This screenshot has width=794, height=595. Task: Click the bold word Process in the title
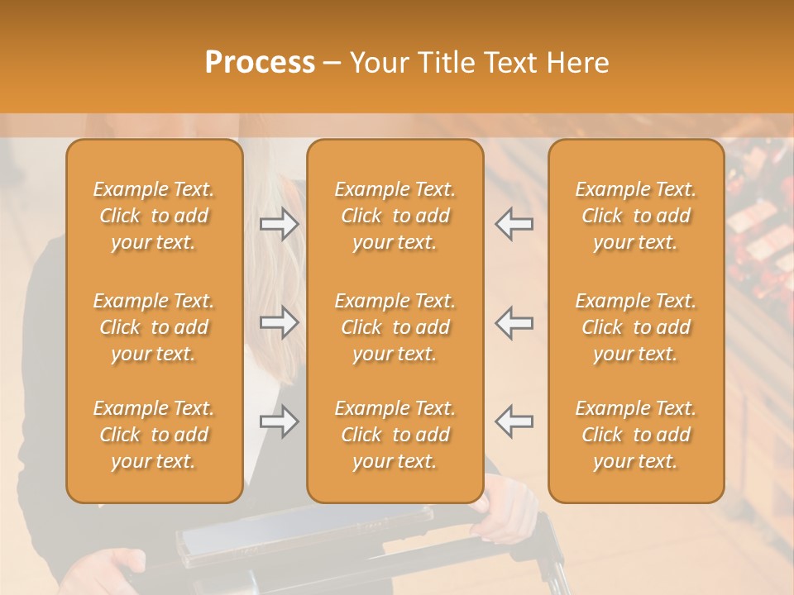[x=260, y=63]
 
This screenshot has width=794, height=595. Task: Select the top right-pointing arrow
[x=280, y=224]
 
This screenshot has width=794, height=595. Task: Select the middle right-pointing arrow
[x=280, y=323]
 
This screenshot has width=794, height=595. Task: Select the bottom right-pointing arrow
[x=280, y=422]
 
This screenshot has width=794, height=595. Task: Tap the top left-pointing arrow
[x=514, y=224]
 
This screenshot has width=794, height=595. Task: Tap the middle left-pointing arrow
[x=514, y=323]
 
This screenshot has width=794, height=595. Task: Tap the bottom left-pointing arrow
[x=514, y=421]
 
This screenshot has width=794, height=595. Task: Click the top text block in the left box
[x=154, y=216]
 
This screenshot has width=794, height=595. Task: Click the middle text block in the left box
[x=154, y=327]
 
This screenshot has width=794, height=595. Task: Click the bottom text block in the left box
[x=154, y=435]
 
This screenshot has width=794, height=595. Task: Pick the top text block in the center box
[x=395, y=216]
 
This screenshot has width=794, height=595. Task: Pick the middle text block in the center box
[x=395, y=327]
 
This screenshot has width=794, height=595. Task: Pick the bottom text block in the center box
[x=395, y=435]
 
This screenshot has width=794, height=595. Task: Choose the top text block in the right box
[x=636, y=216]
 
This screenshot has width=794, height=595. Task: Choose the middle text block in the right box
[x=636, y=327]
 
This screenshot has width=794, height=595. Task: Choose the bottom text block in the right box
[x=636, y=435]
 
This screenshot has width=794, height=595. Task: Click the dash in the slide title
[x=332, y=63]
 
